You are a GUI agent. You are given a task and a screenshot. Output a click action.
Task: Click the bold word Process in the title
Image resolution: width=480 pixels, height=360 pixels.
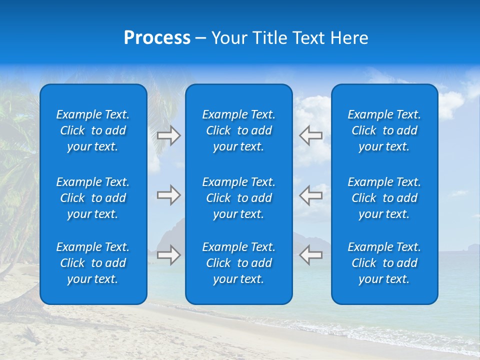tap(157, 38)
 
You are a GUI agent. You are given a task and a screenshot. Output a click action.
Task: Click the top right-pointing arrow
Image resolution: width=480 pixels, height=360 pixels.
tap(168, 135)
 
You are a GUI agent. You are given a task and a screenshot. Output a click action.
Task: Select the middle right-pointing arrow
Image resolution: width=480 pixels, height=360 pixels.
tap(168, 195)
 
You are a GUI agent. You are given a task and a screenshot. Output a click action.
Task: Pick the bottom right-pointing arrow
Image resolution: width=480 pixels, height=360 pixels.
tap(168, 255)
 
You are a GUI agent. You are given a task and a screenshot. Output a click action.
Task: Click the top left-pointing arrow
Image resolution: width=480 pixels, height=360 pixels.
tap(311, 135)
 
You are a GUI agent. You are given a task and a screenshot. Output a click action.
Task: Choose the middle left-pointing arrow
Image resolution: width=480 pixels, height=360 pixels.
tap(311, 195)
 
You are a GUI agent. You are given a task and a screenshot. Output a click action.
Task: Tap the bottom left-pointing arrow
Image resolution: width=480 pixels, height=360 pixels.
tap(311, 255)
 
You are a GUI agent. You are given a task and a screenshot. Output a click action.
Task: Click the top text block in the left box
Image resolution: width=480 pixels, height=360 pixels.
tap(93, 130)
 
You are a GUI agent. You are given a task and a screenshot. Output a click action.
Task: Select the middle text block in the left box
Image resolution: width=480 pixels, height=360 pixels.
tap(93, 198)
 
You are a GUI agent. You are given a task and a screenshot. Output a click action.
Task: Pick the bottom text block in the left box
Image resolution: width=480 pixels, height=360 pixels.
tap(93, 263)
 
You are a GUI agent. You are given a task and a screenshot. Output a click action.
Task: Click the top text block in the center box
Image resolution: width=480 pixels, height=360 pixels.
tap(238, 130)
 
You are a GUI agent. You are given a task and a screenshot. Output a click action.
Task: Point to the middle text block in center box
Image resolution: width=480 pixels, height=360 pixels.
tap(238, 198)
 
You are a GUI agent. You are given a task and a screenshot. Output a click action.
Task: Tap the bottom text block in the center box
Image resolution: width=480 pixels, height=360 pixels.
tap(238, 263)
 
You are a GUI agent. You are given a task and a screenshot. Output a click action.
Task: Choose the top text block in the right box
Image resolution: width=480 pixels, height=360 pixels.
tap(384, 130)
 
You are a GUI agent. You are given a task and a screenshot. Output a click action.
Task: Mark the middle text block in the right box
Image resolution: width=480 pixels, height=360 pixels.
tap(384, 198)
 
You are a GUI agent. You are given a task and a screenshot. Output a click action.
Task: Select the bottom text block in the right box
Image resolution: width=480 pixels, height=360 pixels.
tap(384, 263)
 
